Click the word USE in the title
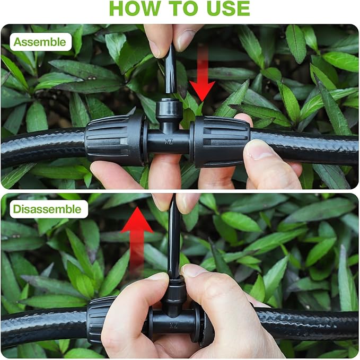(223, 8)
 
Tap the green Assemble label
(40, 42)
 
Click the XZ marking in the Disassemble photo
(173, 325)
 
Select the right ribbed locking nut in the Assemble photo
(221, 141)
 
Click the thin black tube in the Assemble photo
(170, 69)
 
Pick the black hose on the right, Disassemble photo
(313, 324)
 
